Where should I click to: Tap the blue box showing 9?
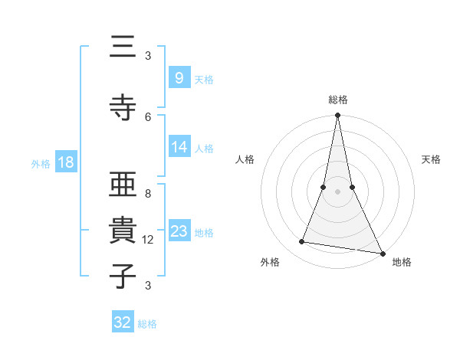tap(179, 77)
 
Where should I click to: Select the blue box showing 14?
tap(179, 146)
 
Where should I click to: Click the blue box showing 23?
tap(179, 231)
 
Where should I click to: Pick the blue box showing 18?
tap(65, 162)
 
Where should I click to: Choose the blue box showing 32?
tap(123, 322)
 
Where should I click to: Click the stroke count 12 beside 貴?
tap(148, 240)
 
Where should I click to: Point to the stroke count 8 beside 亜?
tap(148, 194)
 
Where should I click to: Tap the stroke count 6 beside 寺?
tap(148, 116)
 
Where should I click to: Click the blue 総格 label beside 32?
tap(148, 324)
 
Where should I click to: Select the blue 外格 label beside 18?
tap(41, 163)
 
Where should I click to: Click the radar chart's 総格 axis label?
tap(338, 100)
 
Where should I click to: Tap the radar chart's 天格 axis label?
tap(431, 159)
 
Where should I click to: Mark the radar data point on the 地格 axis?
tap(382, 253)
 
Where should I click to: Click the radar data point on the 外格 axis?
tap(302, 242)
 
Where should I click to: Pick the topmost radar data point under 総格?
tap(337, 116)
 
